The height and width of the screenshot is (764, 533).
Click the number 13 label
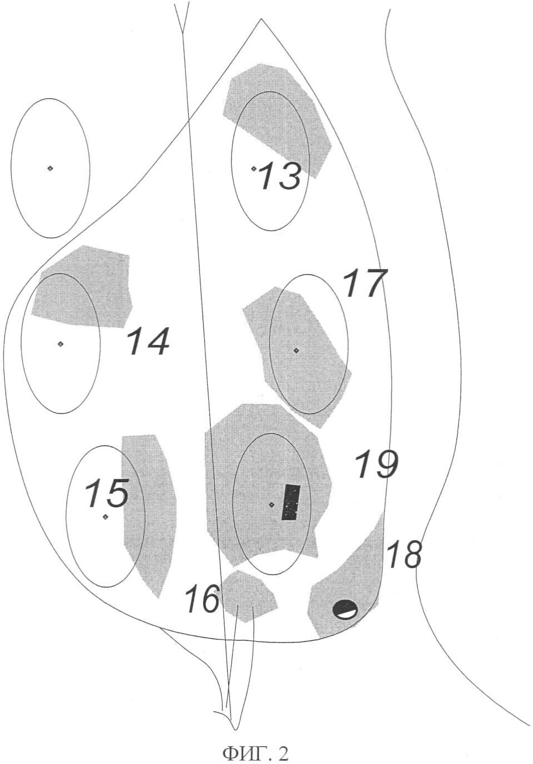point(280,176)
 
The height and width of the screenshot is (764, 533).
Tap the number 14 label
point(148,341)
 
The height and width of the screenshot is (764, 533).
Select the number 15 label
point(107,493)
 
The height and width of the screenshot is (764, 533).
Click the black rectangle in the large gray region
point(291,502)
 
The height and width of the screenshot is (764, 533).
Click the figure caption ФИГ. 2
point(256,752)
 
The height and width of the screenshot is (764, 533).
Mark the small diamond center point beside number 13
point(254,168)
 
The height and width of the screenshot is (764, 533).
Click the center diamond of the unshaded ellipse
point(50,168)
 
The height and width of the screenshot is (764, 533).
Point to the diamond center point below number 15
point(105,517)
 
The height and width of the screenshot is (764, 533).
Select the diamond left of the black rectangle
point(271,505)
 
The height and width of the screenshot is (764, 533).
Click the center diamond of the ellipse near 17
point(296,350)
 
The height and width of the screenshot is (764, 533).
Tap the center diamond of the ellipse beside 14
point(61,344)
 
